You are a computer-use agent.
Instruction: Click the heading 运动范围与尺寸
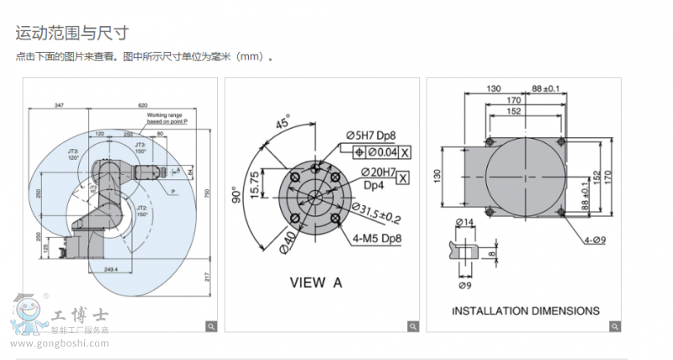coord(72,34)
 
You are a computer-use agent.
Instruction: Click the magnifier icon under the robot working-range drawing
coord(211,326)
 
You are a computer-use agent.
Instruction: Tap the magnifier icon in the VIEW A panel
coord(412,326)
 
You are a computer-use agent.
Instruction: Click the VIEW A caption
coord(315,283)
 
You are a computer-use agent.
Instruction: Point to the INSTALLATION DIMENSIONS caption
coord(526,310)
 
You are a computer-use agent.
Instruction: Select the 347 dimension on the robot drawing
coord(59,105)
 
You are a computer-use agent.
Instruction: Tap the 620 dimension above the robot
coord(143,105)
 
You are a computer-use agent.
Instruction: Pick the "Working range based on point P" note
coord(167,117)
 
